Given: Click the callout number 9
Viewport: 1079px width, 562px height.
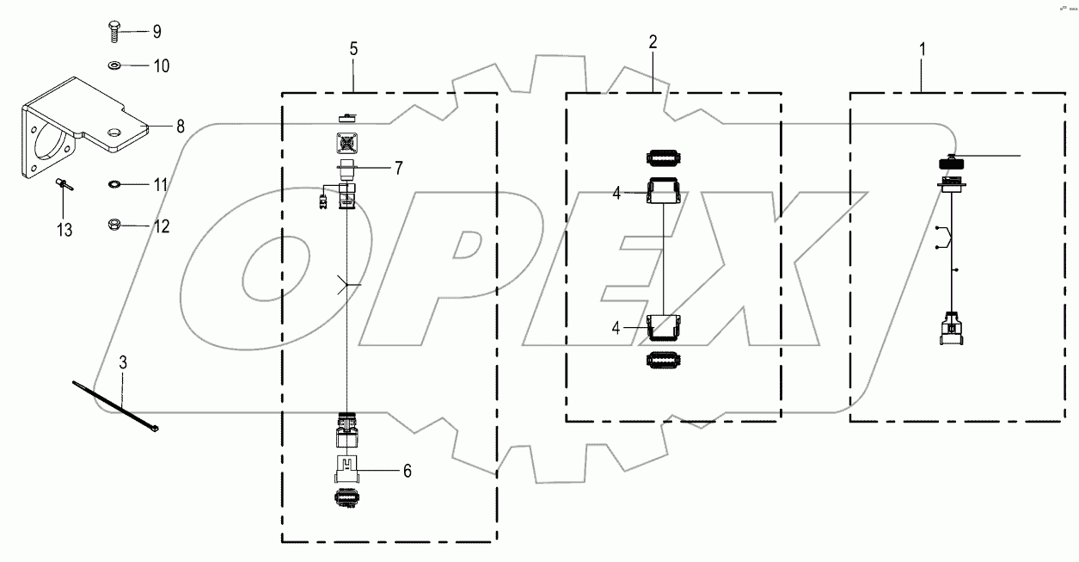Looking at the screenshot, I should [x=156, y=33].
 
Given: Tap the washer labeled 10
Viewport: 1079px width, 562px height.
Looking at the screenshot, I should [x=115, y=65].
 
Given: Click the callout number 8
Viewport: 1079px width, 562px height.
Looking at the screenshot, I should [x=180, y=127].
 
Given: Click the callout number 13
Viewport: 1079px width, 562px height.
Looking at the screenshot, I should [x=64, y=230].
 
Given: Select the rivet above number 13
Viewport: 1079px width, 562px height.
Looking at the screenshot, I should [x=64, y=182].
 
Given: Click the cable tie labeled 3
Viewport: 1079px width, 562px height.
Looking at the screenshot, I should [x=115, y=409].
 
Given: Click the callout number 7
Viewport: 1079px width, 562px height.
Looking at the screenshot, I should [x=398, y=168].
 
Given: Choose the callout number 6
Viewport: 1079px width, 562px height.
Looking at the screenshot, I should [x=408, y=471].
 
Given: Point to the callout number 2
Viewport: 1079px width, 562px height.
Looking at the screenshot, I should [x=653, y=43].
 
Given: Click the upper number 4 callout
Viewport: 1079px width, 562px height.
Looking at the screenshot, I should [x=616, y=195].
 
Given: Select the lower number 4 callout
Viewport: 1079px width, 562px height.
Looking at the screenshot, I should [x=616, y=327].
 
